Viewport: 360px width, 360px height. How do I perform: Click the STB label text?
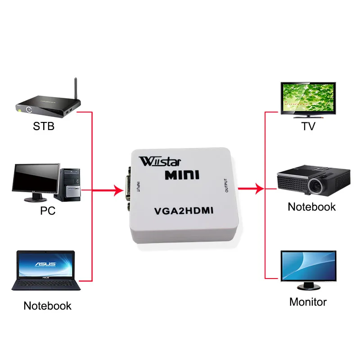pos(44,126)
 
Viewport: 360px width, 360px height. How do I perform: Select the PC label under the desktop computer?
pos(47,210)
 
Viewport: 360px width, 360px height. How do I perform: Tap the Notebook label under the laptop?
pos(47,306)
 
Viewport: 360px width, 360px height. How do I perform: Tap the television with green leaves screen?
pos(308,99)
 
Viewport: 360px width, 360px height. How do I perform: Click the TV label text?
pos(308,126)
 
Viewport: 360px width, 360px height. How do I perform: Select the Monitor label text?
pos(308,301)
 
